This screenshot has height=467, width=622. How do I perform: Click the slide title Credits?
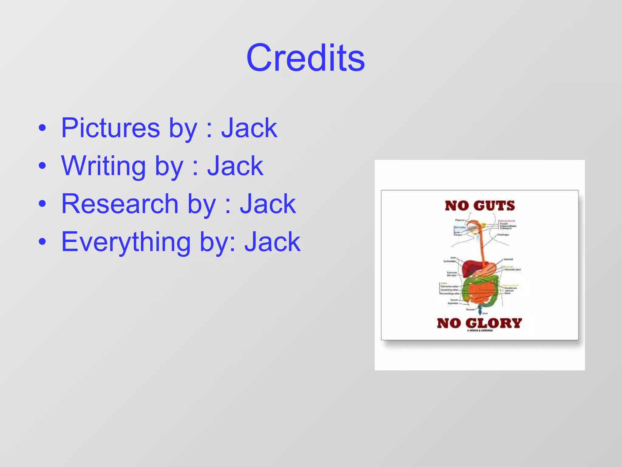click(x=306, y=58)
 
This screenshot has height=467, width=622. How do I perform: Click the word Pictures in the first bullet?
click(x=111, y=128)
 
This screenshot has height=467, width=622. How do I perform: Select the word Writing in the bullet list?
click(x=104, y=166)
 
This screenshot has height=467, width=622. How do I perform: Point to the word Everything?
click(x=126, y=242)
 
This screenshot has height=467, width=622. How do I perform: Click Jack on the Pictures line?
click(x=249, y=128)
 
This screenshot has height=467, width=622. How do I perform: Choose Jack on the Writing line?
click(x=235, y=166)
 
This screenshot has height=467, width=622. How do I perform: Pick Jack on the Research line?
click(x=268, y=204)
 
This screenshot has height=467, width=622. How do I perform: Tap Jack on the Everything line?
click(x=272, y=242)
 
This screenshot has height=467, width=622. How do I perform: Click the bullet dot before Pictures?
click(x=43, y=128)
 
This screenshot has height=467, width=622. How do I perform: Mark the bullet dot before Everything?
click(x=43, y=242)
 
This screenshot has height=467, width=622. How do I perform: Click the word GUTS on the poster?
click(x=494, y=206)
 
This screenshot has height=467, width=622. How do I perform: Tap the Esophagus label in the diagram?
click(x=503, y=235)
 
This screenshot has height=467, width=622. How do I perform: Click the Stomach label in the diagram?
click(x=508, y=259)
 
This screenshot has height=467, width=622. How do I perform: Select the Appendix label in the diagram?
click(x=453, y=303)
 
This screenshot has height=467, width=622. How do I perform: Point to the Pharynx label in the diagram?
click(x=460, y=220)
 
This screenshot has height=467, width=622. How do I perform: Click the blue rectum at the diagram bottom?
click(x=480, y=311)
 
